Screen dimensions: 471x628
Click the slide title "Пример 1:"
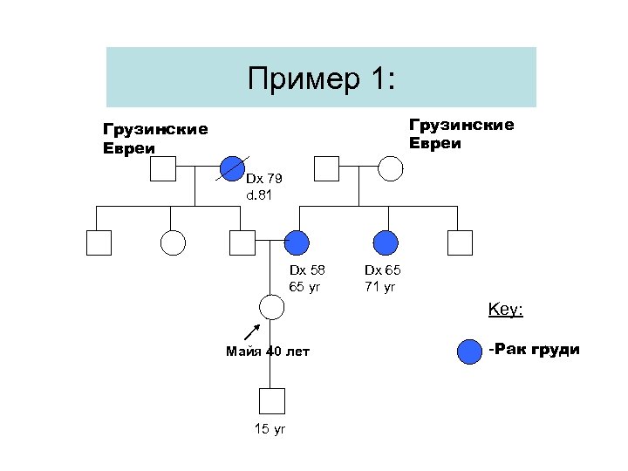pos(321,79)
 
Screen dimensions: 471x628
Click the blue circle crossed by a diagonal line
pos(232,167)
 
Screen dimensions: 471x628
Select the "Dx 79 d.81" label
pos(260,188)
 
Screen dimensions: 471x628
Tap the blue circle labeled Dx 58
pos(297,242)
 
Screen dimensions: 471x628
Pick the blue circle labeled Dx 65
pos(385,242)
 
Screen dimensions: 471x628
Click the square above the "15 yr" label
pos(272,400)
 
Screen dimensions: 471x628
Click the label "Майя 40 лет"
pos(268,352)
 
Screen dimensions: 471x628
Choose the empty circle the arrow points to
pos(272,306)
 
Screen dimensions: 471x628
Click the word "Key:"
pos(505,310)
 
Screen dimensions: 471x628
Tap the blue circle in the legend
pos(469,352)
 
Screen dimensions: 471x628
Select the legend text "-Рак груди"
pos(534,350)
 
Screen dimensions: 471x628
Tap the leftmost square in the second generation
pos(99,242)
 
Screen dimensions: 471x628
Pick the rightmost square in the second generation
pos(459,242)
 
